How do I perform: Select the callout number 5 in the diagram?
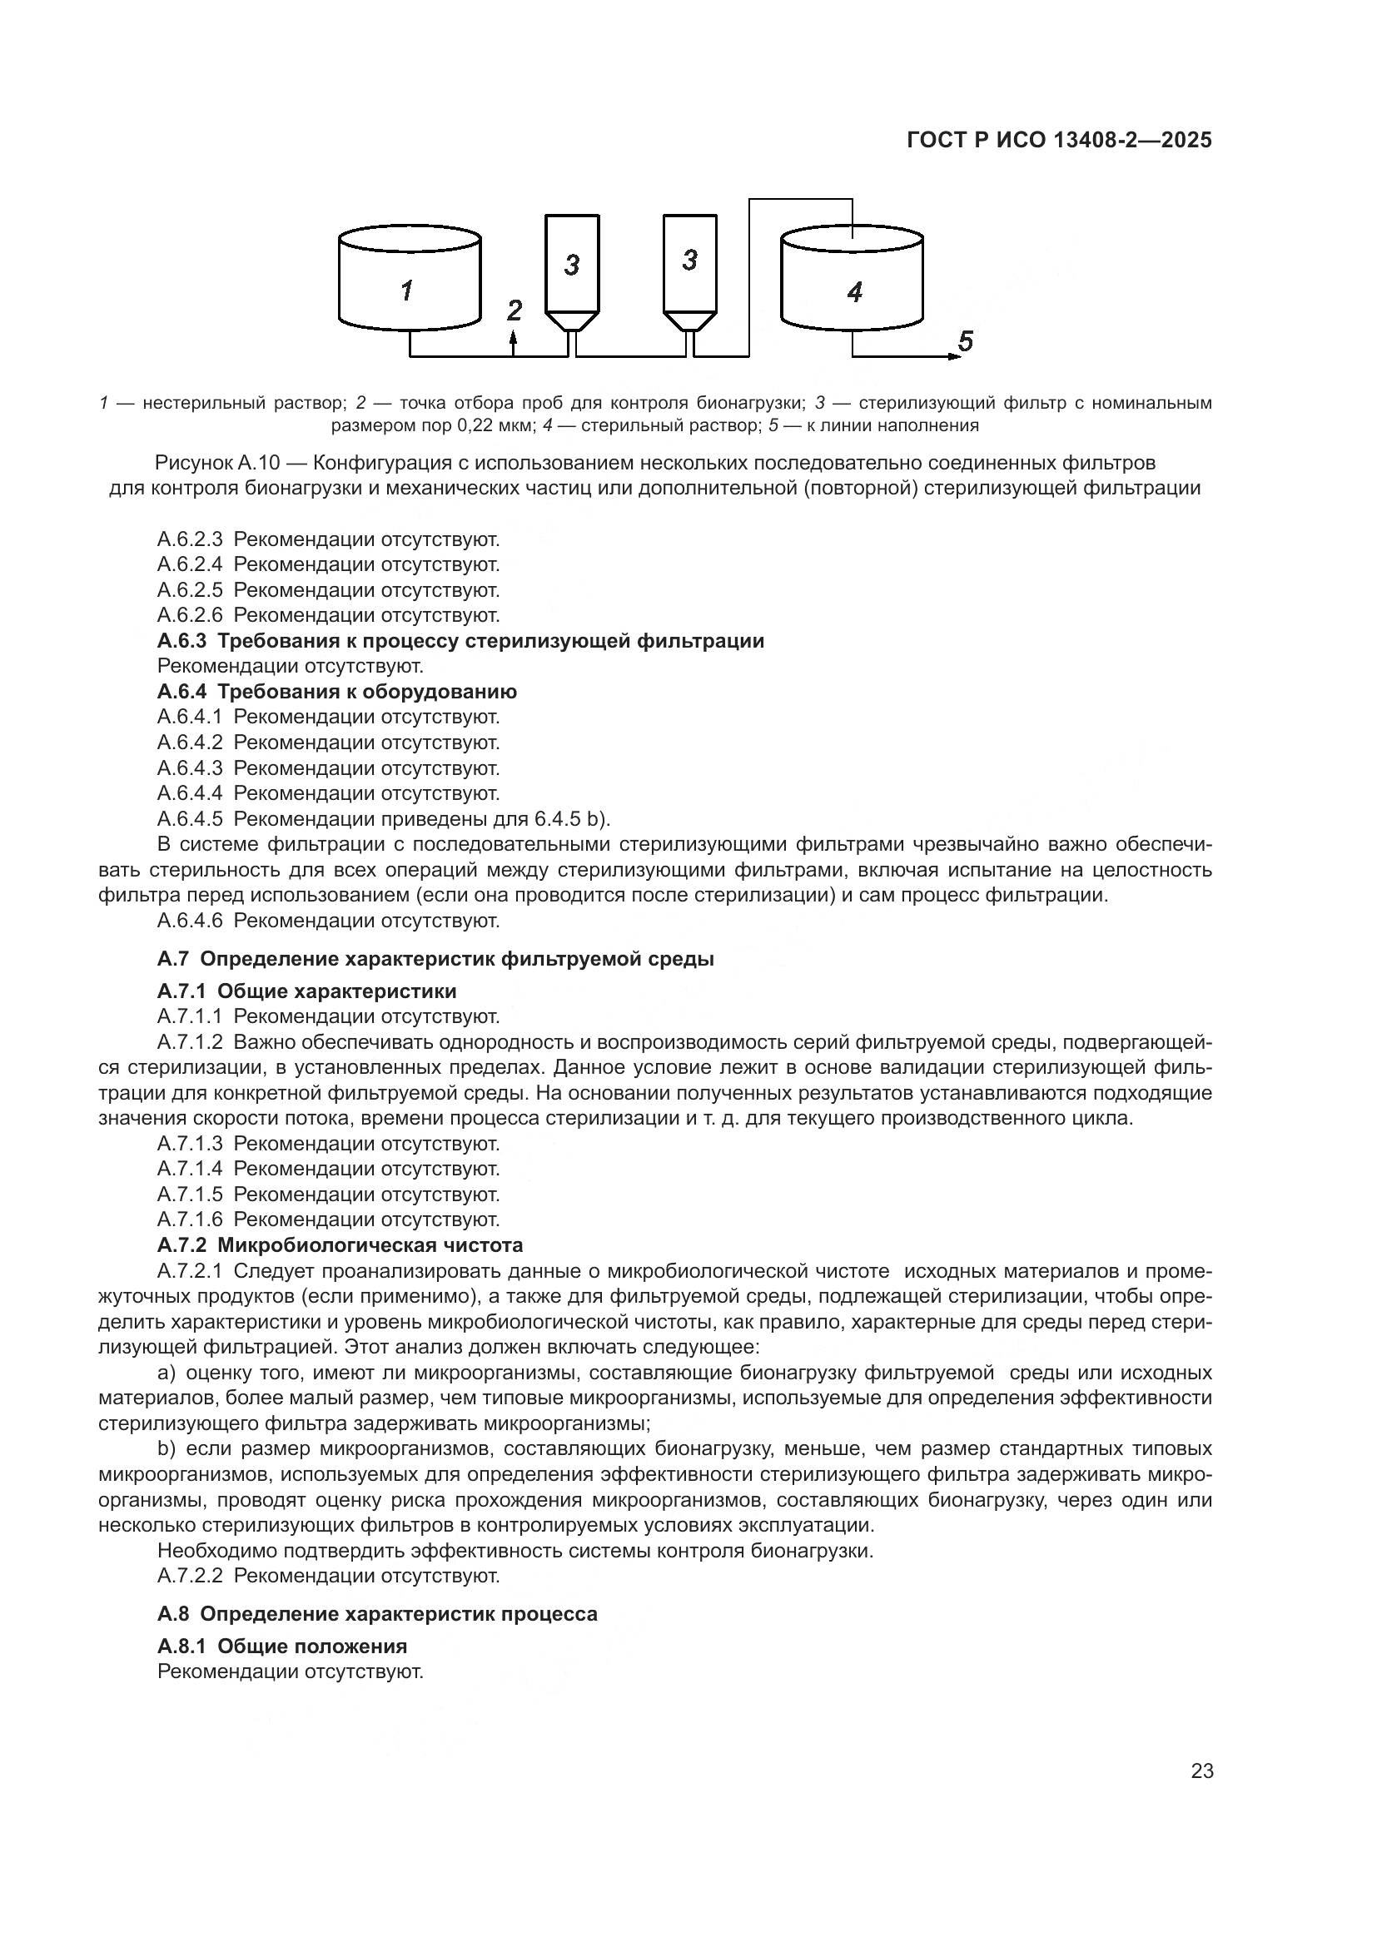tap(965, 341)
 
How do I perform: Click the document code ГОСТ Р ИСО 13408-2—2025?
tap(1059, 140)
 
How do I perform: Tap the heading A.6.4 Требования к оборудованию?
tap(336, 692)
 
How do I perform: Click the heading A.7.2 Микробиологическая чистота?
tap(340, 1244)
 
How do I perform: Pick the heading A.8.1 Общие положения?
tap(281, 1646)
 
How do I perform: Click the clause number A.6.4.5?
tap(189, 819)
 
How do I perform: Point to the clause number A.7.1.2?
tap(189, 1041)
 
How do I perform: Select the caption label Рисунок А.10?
tap(217, 463)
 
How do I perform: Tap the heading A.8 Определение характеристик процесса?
tap(377, 1614)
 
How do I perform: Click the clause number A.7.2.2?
tap(189, 1576)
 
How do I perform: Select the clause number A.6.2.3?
tap(189, 539)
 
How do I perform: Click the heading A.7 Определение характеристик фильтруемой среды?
tap(435, 959)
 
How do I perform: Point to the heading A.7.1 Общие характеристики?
tap(306, 991)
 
